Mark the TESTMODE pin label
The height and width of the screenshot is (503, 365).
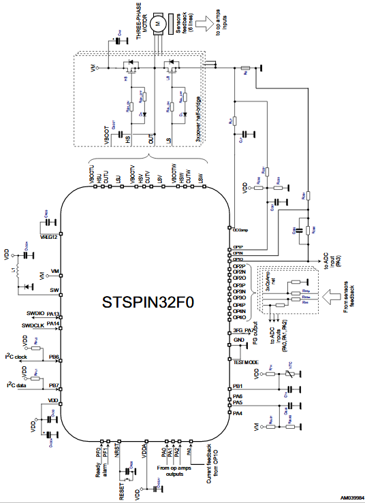click(x=244, y=362)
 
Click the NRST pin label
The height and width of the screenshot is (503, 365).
click(x=116, y=450)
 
